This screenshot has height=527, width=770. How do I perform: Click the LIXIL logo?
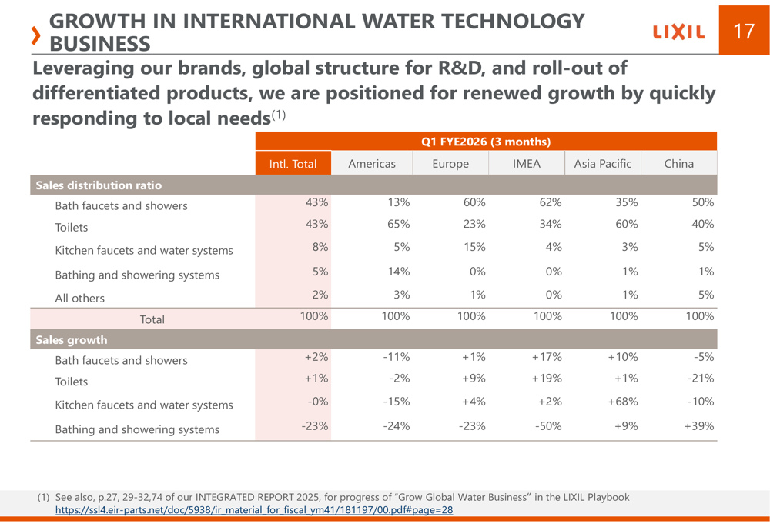tap(678, 32)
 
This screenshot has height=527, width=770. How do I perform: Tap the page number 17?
tap(744, 31)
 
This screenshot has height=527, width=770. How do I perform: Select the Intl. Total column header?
tap(293, 164)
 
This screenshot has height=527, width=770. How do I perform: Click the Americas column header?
tap(371, 164)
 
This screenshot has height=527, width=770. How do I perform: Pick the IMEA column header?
tap(527, 164)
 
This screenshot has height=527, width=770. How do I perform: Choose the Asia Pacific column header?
tap(603, 164)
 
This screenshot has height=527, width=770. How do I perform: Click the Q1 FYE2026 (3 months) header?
tap(486, 142)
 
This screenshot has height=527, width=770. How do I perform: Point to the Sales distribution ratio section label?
tap(99, 185)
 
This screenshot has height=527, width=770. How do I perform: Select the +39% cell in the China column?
tap(699, 425)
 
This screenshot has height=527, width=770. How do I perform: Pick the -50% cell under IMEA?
tap(547, 425)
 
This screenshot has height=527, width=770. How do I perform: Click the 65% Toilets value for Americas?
tap(397, 224)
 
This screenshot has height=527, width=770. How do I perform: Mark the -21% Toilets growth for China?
tap(699, 378)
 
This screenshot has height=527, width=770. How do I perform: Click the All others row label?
tap(79, 298)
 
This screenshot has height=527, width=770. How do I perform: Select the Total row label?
tap(152, 319)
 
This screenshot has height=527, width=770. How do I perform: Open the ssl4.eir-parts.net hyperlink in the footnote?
tap(254, 510)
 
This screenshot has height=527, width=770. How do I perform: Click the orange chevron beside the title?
tap(35, 35)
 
